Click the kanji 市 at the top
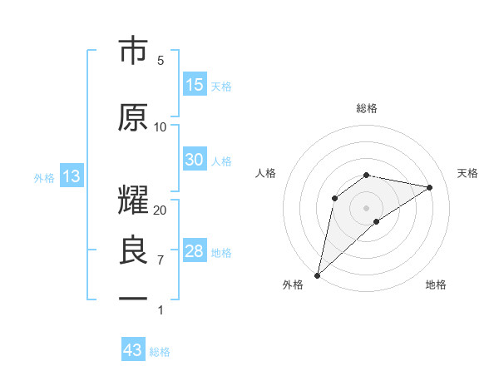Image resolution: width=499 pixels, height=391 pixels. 133,52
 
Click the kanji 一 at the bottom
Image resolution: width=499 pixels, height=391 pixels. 133,298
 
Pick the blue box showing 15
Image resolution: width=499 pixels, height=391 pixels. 195,85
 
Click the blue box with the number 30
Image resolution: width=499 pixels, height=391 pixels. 195,161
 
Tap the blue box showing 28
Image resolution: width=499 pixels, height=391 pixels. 195,252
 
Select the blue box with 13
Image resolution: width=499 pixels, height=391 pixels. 72,176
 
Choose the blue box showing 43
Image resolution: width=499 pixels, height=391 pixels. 133,350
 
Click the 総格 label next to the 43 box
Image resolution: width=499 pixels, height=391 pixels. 160,352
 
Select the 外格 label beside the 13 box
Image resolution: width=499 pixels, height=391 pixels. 44,177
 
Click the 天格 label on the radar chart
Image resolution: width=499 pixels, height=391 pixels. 467,173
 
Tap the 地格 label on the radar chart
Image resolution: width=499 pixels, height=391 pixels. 436,285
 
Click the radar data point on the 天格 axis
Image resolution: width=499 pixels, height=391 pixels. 430,187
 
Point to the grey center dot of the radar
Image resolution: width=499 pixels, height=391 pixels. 366,207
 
